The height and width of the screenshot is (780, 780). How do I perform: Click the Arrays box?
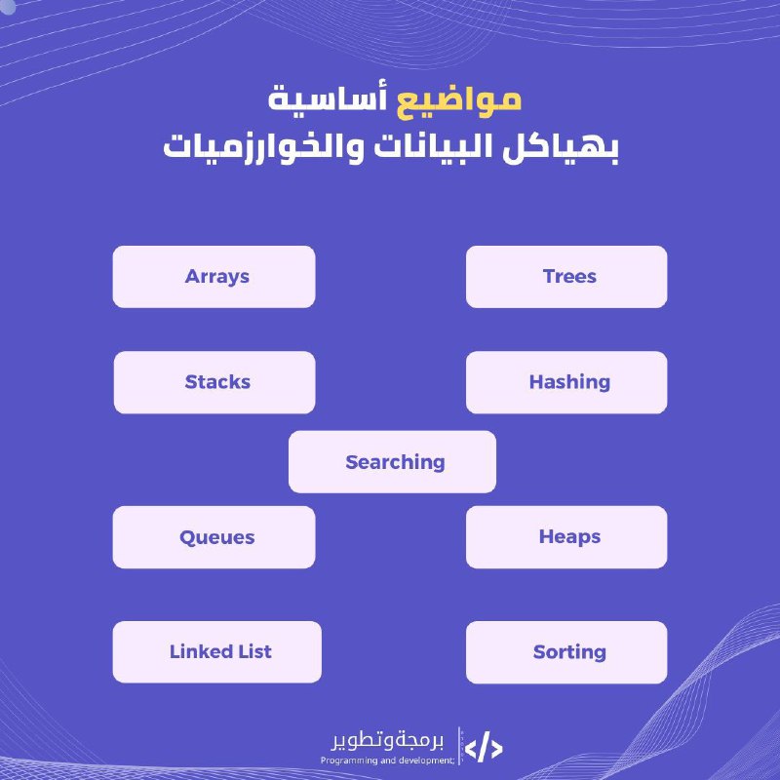click(x=214, y=277)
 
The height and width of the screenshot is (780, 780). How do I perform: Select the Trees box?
click(x=566, y=277)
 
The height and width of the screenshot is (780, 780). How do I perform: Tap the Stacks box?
click(x=214, y=382)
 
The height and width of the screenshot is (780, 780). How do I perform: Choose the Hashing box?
click(x=566, y=382)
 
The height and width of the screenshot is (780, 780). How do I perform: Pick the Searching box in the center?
click(x=392, y=461)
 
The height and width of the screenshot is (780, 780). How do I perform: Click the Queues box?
click(x=214, y=537)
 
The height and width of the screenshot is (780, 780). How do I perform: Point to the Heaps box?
click(x=566, y=537)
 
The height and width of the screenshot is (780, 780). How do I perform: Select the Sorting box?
click(x=566, y=652)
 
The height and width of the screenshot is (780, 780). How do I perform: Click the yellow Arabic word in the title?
click(x=458, y=101)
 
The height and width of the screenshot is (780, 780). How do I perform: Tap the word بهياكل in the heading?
click(x=560, y=147)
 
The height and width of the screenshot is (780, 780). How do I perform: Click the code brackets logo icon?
click(x=484, y=748)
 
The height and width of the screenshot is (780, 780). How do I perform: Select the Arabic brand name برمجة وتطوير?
click(x=387, y=742)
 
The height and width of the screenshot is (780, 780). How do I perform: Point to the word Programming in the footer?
click(x=349, y=760)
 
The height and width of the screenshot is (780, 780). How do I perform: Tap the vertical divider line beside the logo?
click(x=458, y=746)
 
